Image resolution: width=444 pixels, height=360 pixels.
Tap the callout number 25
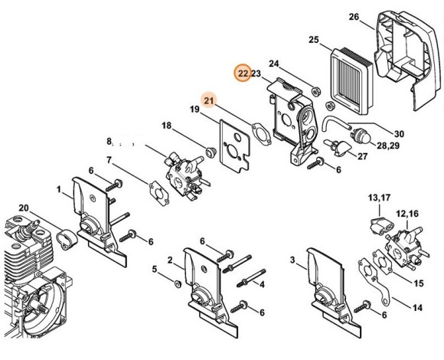coord(313,40)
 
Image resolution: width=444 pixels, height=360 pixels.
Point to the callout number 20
coord(23,209)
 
